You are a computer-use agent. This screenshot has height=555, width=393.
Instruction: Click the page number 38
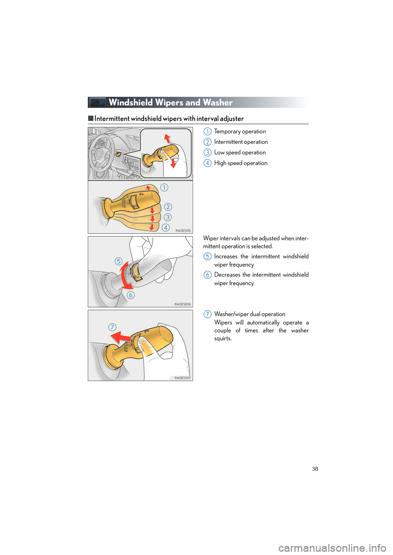pos(315,469)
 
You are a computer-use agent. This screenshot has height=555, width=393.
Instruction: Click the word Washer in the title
pos(218,103)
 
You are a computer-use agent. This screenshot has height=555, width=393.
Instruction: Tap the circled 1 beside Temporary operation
pos(208,132)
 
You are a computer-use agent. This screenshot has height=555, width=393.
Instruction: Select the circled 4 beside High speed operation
pos(208,163)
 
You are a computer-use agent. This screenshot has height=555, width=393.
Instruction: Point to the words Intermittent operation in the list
pos(241,142)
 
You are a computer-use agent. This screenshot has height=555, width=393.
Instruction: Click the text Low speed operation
pos(240,152)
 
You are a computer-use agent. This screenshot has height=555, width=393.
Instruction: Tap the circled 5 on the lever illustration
pos(118,261)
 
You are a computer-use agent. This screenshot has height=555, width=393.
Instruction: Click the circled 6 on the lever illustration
pos(131,295)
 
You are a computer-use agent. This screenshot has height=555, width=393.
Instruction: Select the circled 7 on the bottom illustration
pos(112,327)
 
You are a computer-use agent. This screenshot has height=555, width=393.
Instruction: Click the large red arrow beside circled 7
pos(121,337)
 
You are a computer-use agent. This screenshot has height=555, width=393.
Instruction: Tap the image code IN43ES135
pos(183,231)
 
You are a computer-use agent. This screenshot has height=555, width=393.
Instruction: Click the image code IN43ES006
pos(183,304)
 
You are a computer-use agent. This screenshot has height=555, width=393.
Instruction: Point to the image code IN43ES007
pos(183,378)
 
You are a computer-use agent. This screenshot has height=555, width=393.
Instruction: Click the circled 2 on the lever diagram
pos(168,207)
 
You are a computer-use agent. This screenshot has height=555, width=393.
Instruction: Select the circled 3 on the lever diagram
pos(167,217)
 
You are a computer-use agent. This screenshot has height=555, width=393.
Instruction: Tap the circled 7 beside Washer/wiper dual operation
pos(208,314)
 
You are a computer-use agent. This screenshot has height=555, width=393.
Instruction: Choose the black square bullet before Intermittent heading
pos(90,119)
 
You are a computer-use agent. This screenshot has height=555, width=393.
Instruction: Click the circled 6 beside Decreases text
pos(208,275)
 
